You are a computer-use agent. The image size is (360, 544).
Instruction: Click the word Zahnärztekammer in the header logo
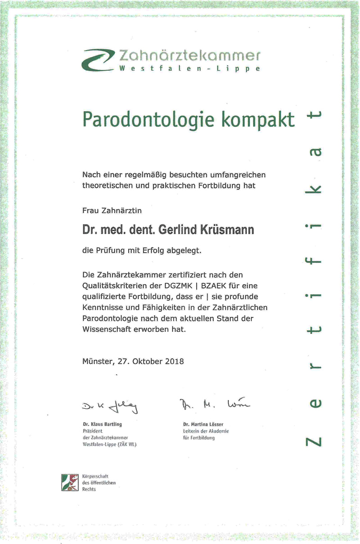189,56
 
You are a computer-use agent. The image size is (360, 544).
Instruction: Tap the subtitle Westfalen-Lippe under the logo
189,69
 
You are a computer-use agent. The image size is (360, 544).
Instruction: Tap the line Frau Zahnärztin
113,210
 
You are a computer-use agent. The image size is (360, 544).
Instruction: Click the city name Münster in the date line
99,361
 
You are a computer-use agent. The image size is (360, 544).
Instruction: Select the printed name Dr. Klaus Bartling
102,424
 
